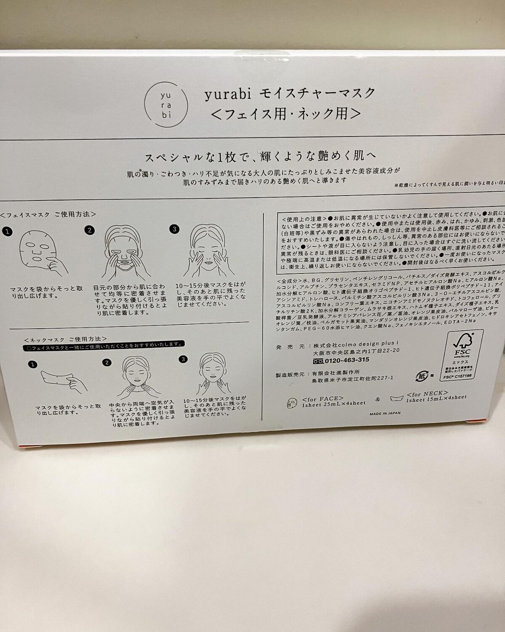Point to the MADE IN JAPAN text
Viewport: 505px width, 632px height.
(385, 413)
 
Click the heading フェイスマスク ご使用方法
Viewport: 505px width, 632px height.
(48, 214)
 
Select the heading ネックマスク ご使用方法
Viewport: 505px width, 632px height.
(65, 338)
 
